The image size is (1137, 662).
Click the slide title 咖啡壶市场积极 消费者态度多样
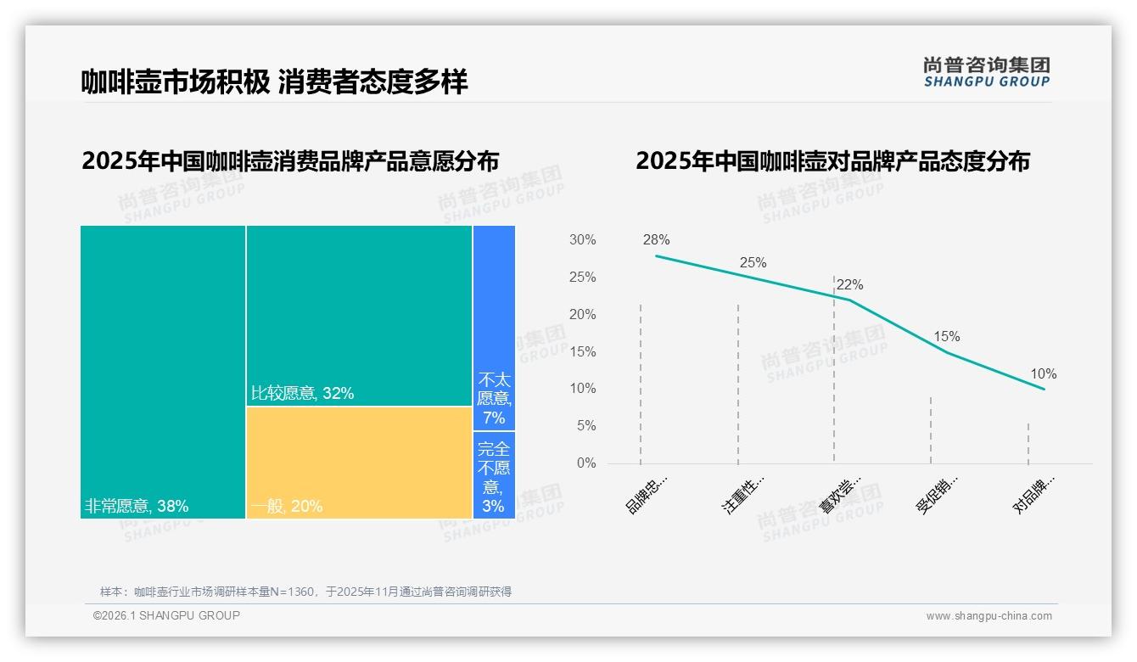pyautogui.click(x=274, y=81)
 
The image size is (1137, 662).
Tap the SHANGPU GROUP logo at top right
pyautogui.click(x=986, y=72)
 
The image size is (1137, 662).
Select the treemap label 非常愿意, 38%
pyautogui.click(x=137, y=507)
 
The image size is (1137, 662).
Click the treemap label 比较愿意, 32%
pyautogui.click(x=302, y=394)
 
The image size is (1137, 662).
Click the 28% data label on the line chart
pyautogui.click(x=656, y=240)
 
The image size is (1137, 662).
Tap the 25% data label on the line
pyautogui.click(x=753, y=262)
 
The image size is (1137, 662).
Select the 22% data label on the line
pyautogui.click(x=849, y=285)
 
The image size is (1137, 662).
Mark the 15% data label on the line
pyautogui.click(x=946, y=337)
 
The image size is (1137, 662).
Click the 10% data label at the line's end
pyautogui.click(x=1043, y=374)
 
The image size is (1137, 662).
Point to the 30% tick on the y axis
pyautogui.click(x=582, y=240)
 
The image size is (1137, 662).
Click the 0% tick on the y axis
pyautogui.click(x=585, y=463)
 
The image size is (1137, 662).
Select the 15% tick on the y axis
pyautogui.click(x=582, y=351)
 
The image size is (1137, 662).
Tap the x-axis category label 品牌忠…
pyautogui.click(x=647, y=494)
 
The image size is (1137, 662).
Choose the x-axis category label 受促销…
pyautogui.click(x=937, y=494)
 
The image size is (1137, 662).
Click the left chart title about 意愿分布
pyautogui.click(x=290, y=161)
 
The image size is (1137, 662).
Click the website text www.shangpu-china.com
pyautogui.click(x=989, y=616)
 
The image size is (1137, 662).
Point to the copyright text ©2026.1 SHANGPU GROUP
pyautogui.click(x=166, y=615)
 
